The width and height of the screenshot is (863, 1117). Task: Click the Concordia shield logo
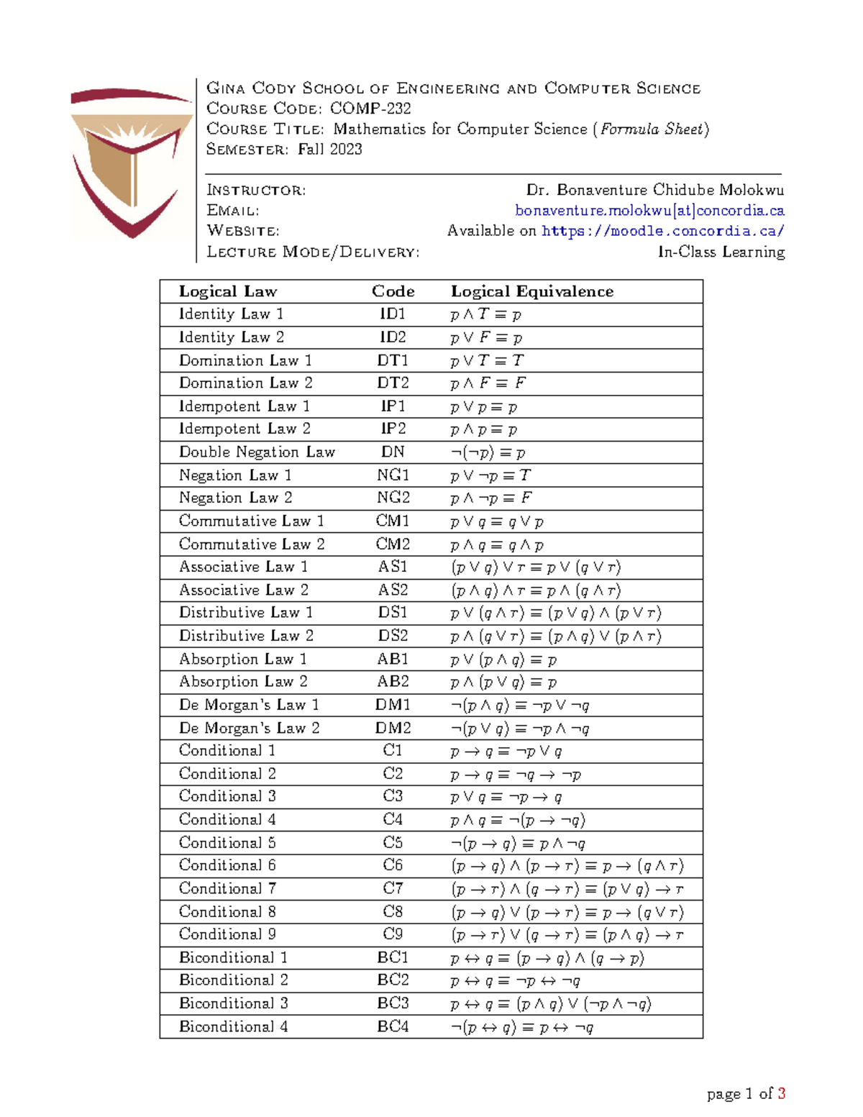[x=132, y=162]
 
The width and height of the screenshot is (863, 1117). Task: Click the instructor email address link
[x=649, y=211]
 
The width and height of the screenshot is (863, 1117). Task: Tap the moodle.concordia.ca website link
[x=662, y=231]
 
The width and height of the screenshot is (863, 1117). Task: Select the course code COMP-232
[x=370, y=109]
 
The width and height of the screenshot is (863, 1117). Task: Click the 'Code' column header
[x=393, y=291]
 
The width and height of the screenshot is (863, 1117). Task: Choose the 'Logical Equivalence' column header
[x=532, y=291]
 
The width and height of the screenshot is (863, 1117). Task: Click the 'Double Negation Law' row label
[x=257, y=452]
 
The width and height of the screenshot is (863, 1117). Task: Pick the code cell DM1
[x=393, y=705]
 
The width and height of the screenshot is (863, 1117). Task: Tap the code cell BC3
[x=393, y=1003]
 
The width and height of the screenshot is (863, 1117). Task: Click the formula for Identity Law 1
[x=486, y=314]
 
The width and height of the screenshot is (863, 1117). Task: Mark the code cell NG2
[x=393, y=498]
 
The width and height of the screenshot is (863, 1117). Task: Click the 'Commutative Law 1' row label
[x=251, y=521]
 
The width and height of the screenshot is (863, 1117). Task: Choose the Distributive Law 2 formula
[x=555, y=636]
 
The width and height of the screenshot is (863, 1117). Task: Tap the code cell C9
[x=393, y=934]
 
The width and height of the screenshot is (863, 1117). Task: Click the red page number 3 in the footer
[x=781, y=1094]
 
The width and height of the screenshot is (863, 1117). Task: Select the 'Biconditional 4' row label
[x=233, y=1026]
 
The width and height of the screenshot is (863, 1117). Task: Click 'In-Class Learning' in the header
[x=721, y=252]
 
